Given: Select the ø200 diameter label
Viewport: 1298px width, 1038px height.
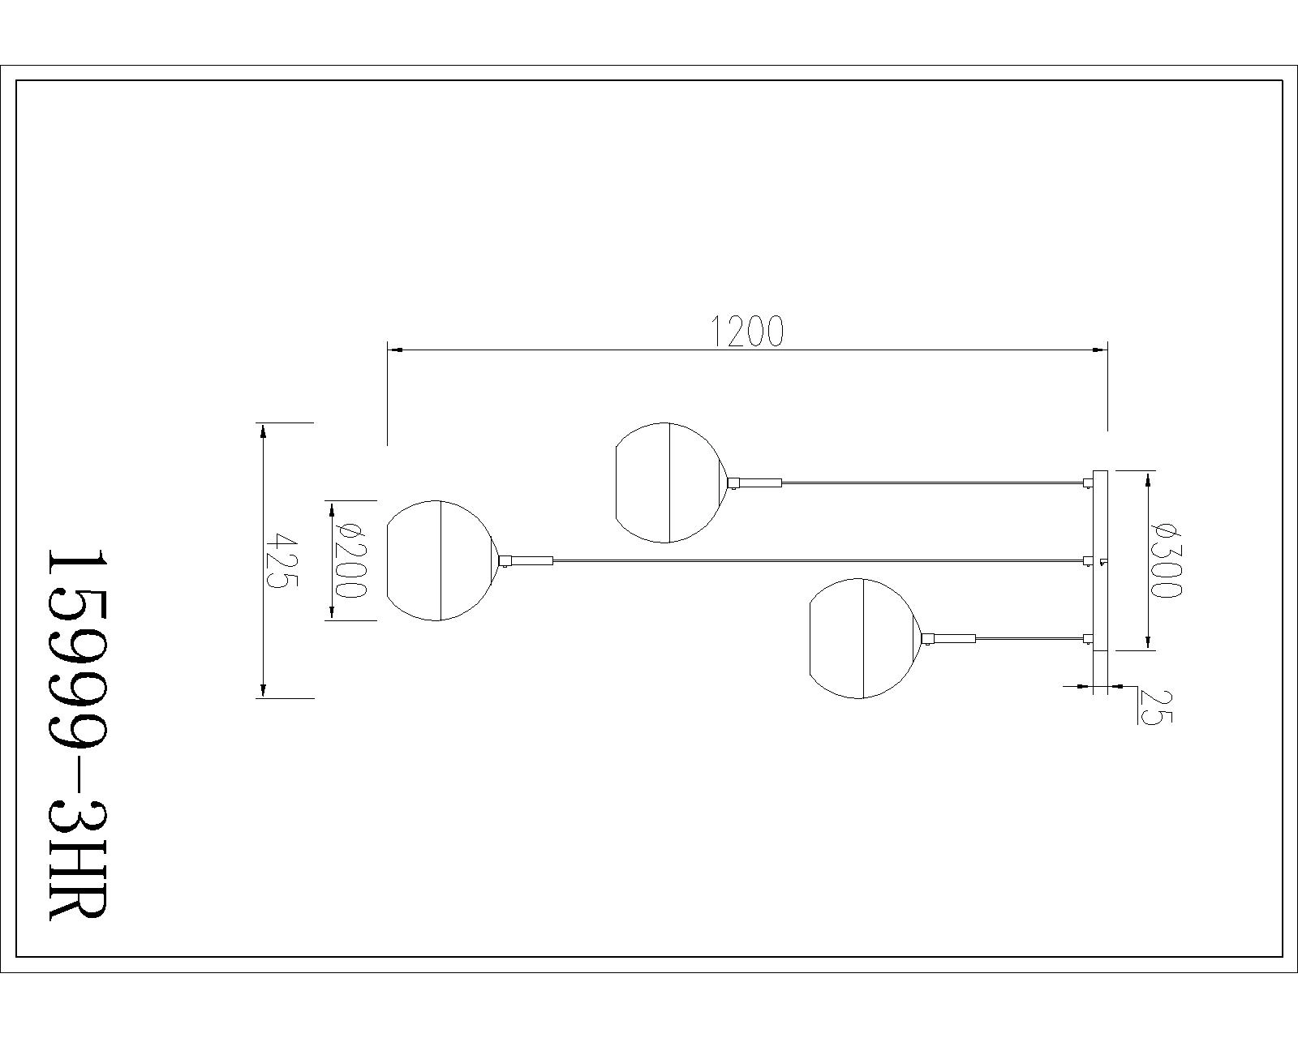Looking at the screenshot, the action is click(x=351, y=560).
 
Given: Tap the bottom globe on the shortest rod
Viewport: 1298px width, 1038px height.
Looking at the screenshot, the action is click(x=864, y=639).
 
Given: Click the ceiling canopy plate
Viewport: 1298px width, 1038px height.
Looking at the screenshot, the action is click(x=1101, y=560).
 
